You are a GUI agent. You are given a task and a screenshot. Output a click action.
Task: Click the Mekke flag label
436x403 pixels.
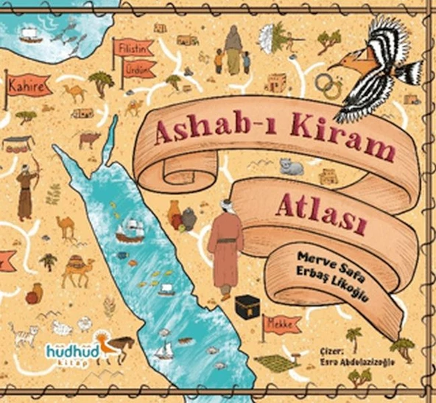(x=281, y=323)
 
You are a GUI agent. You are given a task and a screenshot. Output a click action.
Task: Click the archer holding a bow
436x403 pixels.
(x=27, y=190)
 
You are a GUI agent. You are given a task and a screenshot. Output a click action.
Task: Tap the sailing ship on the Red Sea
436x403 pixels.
(x=130, y=230)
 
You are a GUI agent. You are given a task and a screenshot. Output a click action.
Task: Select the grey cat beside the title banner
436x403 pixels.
(x=292, y=167)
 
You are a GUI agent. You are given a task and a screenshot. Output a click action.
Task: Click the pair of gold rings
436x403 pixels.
(x=328, y=87)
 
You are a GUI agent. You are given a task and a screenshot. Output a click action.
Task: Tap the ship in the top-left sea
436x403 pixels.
(x=29, y=35)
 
